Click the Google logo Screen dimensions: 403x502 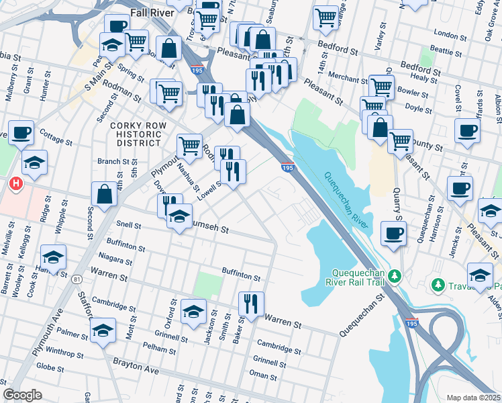click(22, 395)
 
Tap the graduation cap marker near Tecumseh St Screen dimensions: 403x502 click(179, 216)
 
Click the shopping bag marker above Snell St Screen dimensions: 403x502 click(105, 195)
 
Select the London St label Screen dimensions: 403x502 click(450, 33)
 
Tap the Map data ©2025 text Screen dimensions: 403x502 click(473, 398)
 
